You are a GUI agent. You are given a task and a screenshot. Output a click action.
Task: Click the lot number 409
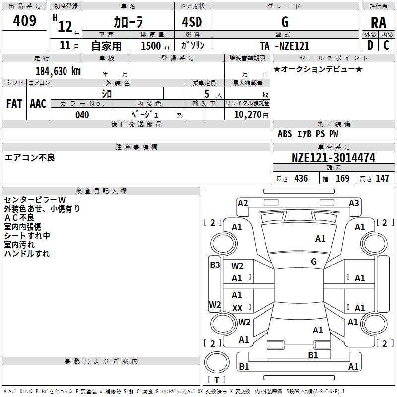click(25, 21)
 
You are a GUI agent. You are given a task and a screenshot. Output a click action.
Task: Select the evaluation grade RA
click(378, 23)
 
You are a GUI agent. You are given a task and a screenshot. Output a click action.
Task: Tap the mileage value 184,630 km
click(58, 71)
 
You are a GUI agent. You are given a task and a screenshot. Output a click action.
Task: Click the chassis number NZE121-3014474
click(333, 158)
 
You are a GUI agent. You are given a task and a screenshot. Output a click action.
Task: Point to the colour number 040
click(82, 115)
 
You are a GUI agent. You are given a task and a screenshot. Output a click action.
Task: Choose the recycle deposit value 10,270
click(247, 115)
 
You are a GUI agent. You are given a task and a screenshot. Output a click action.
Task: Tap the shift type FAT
click(14, 104)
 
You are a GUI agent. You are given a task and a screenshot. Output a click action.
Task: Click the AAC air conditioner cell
click(38, 104)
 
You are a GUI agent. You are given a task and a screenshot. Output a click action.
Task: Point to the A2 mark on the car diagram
click(243, 203)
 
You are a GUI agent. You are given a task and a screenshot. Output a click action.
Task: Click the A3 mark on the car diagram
click(354, 203)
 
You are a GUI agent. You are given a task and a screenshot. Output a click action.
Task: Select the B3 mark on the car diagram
click(214, 265)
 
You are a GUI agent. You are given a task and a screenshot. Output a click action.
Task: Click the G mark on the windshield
click(314, 261)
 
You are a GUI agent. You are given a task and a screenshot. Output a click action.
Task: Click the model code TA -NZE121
click(284, 46)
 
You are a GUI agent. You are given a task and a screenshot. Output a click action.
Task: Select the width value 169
click(342, 179)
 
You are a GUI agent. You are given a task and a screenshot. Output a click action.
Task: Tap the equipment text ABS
click(285, 134)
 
